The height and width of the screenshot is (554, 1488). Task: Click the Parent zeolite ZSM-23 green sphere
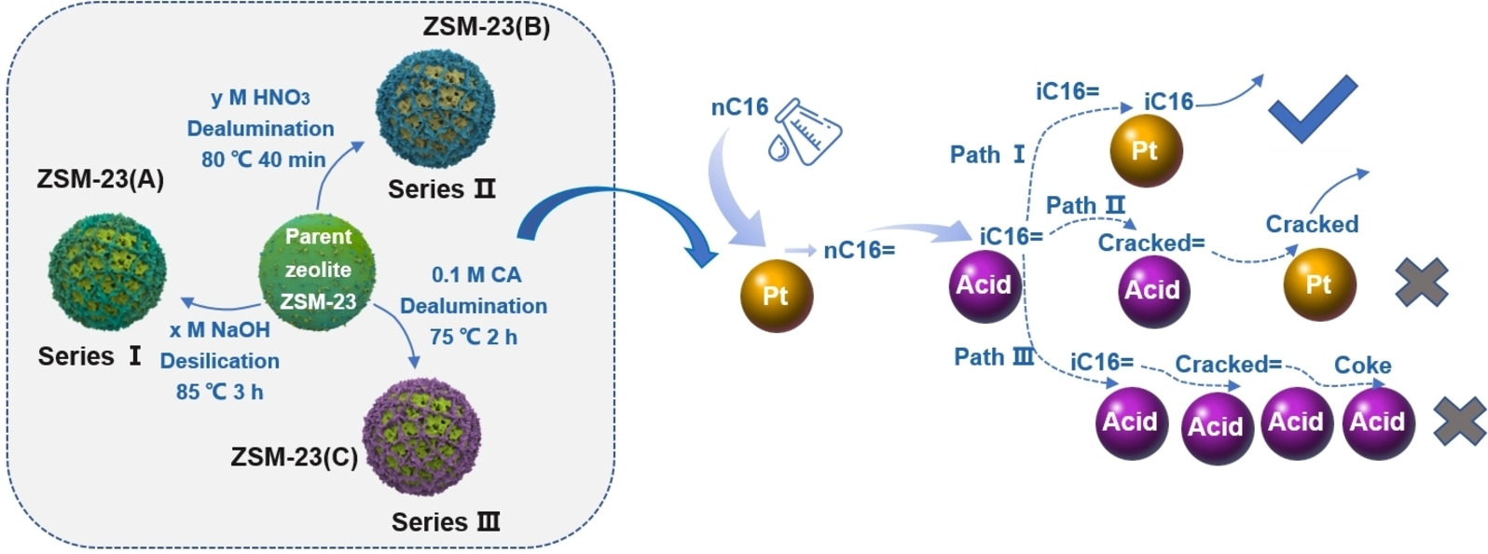(x=317, y=270)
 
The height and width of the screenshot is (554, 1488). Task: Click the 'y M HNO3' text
(x=260, y=97)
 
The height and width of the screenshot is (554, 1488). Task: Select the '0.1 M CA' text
(x=475, y=275)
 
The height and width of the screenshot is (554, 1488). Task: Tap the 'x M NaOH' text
(x=219, y=330)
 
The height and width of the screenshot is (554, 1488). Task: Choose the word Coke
(x=1362, y=366)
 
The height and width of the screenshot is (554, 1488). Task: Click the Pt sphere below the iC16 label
(x=1146, y=151)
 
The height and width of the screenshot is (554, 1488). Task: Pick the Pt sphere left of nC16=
(x=777, y=296)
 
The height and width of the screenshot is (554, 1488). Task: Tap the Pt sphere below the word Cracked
(x=1319, y=284)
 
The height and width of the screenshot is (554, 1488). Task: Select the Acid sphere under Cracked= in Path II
(x=1153, y=290)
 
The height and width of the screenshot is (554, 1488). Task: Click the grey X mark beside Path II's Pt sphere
(x=1421, y=282)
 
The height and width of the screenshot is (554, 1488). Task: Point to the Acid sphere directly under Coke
(x=1377, y=422)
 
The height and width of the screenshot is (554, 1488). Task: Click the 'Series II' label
(x=442, y=189)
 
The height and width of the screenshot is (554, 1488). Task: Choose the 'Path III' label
(x=994, y=356)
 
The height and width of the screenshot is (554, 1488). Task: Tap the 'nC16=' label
(x=859, y=250)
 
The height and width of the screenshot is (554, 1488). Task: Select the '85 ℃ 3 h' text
(x=219, y=392)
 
